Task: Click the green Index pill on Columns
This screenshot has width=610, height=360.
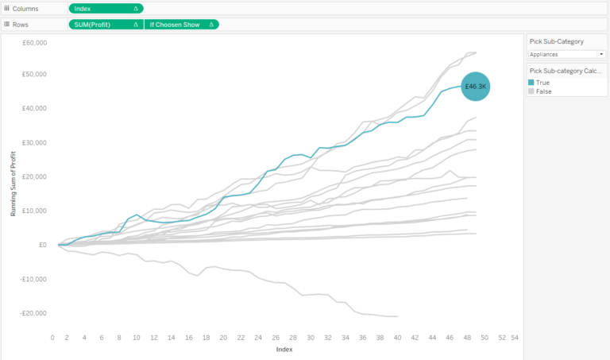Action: click(106, 9)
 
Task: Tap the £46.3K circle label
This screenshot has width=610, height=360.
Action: click(476, 86)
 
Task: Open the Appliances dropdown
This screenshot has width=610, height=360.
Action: click(566, 54)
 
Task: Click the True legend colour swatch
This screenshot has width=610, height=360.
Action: click(532, 83)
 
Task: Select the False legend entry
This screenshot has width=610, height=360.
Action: click(543, 91)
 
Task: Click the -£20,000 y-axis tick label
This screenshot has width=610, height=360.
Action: click(32, 312)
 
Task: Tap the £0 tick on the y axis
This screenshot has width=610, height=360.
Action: click(42, 245)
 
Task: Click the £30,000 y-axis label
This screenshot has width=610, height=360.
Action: click(33, 143)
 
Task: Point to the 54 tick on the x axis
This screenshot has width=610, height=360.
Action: click(515, 338)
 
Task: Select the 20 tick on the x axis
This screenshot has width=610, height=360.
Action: click(223, 338)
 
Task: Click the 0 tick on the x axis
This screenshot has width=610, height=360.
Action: click(52, 338)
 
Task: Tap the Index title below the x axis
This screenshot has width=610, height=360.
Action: click(284, 349)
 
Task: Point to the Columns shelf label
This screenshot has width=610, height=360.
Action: click(28, 9)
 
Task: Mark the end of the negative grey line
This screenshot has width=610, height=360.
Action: click(397, 316)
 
